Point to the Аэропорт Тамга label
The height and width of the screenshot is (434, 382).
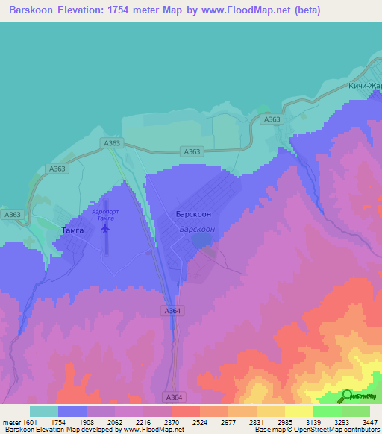[x=103, y=215]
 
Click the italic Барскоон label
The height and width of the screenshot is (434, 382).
[x=198, y=230]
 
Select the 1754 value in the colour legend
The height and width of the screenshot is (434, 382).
[x=58, y=421]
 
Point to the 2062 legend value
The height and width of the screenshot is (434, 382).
[x=116, y=421]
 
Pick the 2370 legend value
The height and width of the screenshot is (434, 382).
[x=172, y=421]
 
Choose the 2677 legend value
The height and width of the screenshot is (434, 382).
[x=229, y=421]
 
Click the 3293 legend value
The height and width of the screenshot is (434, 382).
[x=342, y=421]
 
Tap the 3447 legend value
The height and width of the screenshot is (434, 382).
[x=369, y=421]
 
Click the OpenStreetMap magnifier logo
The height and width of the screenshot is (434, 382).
[x=348, y=395]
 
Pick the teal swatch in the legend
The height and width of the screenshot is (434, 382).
[x=44, y=411]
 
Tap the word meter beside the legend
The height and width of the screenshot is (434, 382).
[x=11, y=421]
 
